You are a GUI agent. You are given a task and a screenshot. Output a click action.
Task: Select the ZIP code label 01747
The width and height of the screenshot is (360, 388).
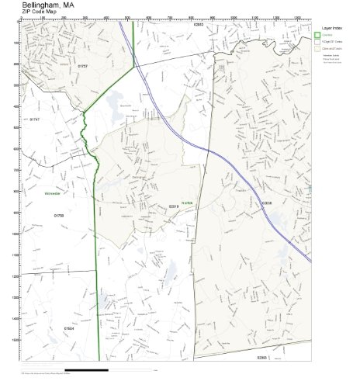pos(34,120)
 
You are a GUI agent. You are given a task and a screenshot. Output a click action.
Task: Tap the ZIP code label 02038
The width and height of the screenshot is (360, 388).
pos(266,204)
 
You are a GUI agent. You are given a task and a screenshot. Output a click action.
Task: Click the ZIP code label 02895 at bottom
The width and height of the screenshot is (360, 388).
pos(262,358)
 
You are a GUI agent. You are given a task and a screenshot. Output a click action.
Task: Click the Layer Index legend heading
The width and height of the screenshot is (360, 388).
pos(332,27)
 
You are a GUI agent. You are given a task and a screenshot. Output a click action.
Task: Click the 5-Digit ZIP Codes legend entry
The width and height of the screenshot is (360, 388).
pos(334,41)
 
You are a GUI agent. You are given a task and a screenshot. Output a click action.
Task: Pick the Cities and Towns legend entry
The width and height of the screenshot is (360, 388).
pos(334,47)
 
